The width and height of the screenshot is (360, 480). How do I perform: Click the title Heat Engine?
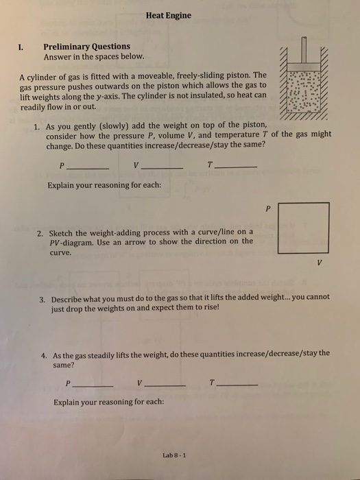click(x=169, y=15)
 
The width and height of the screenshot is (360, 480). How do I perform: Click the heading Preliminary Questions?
click(x=86, y=47)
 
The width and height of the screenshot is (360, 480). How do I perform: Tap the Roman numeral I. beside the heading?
click(x=21, y=47)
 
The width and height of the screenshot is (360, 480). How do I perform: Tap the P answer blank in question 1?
click(x=88, y=168)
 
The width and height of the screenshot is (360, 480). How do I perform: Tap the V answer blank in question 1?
click(x=163, y=168)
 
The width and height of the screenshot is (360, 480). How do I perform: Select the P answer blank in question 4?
click(x=93, y=385)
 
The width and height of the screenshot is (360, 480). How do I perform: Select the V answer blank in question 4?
click(x=165, y=385)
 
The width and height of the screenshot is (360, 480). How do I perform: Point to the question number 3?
click(x=43, y=298)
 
